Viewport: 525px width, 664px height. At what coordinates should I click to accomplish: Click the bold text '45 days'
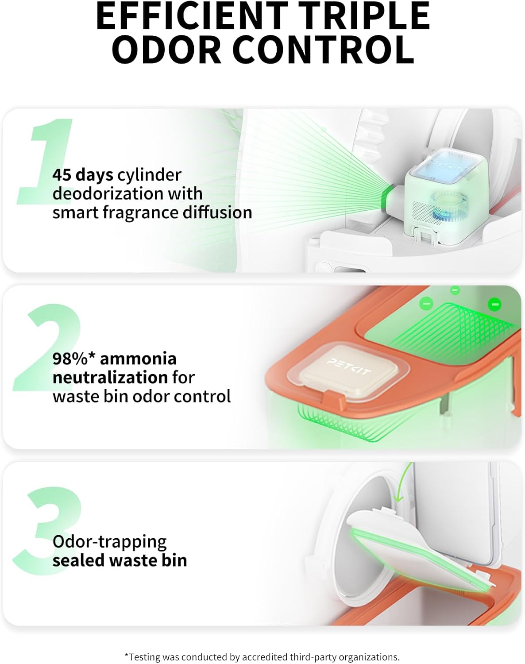tap(83, 175)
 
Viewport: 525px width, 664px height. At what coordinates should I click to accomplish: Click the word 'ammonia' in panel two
tap(138, 359)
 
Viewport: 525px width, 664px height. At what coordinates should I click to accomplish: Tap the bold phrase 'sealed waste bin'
tap(120, 560)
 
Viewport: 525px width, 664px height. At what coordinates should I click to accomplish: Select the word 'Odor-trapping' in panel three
tap(109, 541)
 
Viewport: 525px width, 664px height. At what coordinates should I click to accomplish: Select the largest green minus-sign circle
tap(495, 305)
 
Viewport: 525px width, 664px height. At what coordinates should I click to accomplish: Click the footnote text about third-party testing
tap(262, 657)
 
